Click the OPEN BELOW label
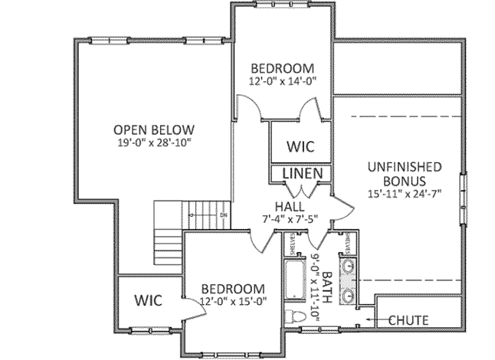[153, 129]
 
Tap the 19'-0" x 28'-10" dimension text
[153, 142]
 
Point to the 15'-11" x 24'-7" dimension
[403, 194]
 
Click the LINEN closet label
[301, 174]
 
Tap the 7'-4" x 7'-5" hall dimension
[296, 221]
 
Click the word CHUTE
[408, 320]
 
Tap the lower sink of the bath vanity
[349, 295]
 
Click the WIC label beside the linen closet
[301, 146]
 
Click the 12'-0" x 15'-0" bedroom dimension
[233, 302]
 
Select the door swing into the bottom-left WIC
[186, 304]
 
